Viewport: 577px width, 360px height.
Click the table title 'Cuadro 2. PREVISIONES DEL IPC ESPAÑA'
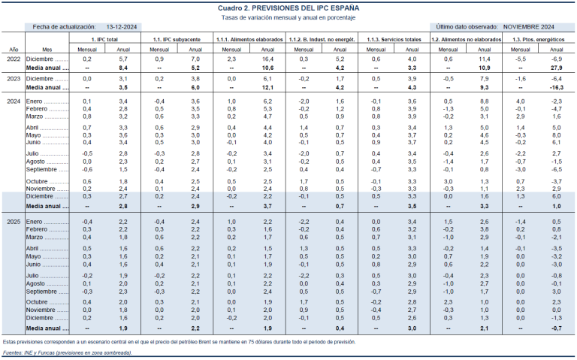coord(288,6)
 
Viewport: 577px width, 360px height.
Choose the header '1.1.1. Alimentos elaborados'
coord(249,38)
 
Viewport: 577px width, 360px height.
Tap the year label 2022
coord(14,59)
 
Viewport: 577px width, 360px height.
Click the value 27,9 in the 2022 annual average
coord(556,67)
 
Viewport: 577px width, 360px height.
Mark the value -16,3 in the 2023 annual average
coord(555,87)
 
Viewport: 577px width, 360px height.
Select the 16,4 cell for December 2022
coord(267,59)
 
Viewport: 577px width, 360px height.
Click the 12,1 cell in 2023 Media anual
coord(267,87)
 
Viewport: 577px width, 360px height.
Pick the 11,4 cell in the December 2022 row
coord(484,59)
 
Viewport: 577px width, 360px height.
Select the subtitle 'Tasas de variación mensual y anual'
coord(288,16)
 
